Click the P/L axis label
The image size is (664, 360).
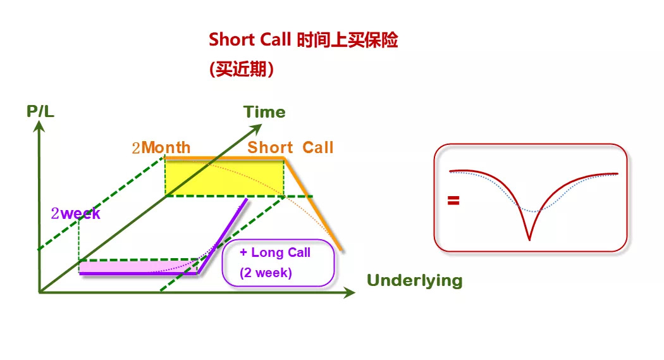[40, 111]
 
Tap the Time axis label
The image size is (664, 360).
[264, 112]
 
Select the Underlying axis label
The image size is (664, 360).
[415, 280]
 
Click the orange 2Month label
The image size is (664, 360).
[161, 148]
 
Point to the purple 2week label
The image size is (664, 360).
[75, 213]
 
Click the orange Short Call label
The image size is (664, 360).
[290, 147]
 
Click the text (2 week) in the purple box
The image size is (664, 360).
[266, 272]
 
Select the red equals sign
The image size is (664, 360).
[453, 201]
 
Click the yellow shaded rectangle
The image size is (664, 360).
[224, 178]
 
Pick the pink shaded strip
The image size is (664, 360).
[138, 267]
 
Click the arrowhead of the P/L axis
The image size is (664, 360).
[39, 126]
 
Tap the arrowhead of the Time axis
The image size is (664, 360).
[257, 128]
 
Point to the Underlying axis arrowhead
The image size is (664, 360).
[349, 292]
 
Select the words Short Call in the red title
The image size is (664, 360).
[250, 40]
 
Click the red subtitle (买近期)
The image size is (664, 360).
[242, 69]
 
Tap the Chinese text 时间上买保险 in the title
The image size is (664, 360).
[347, 40]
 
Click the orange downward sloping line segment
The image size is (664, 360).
[312, 204]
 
